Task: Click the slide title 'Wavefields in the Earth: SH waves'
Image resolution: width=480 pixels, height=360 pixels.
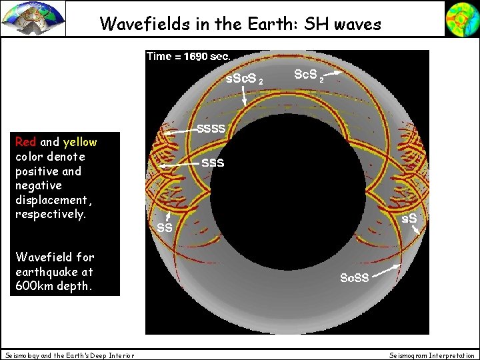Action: pyautogui.click(x=240, y=24)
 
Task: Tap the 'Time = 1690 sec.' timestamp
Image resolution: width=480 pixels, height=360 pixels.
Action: pyautogui.click(x=188, y=57)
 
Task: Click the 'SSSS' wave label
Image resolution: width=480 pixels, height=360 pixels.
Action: pyautogui.click(x=211, y=127)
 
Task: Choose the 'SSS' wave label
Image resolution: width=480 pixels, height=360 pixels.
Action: pyautogui.click(x=213, y=163)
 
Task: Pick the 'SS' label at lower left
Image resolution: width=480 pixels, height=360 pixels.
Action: pyautogui.click(x=164, y=227)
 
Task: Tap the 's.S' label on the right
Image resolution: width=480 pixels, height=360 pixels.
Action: pyautogui.click(x=408, y=218)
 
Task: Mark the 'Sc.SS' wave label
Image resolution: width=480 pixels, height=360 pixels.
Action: pyautogui.click(x=354, y=277)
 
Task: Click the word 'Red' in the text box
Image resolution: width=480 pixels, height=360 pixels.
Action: pyautogui.click(x=26, y=142)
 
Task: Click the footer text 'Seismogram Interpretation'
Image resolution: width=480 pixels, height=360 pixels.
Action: pyautogui.click(x=432, y=355)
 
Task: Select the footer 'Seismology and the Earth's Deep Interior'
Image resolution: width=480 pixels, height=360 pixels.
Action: pyautogui.click(x=69, y=355)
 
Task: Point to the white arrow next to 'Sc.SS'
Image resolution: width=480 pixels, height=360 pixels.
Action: pyautogui.click(x=387, y=270)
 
